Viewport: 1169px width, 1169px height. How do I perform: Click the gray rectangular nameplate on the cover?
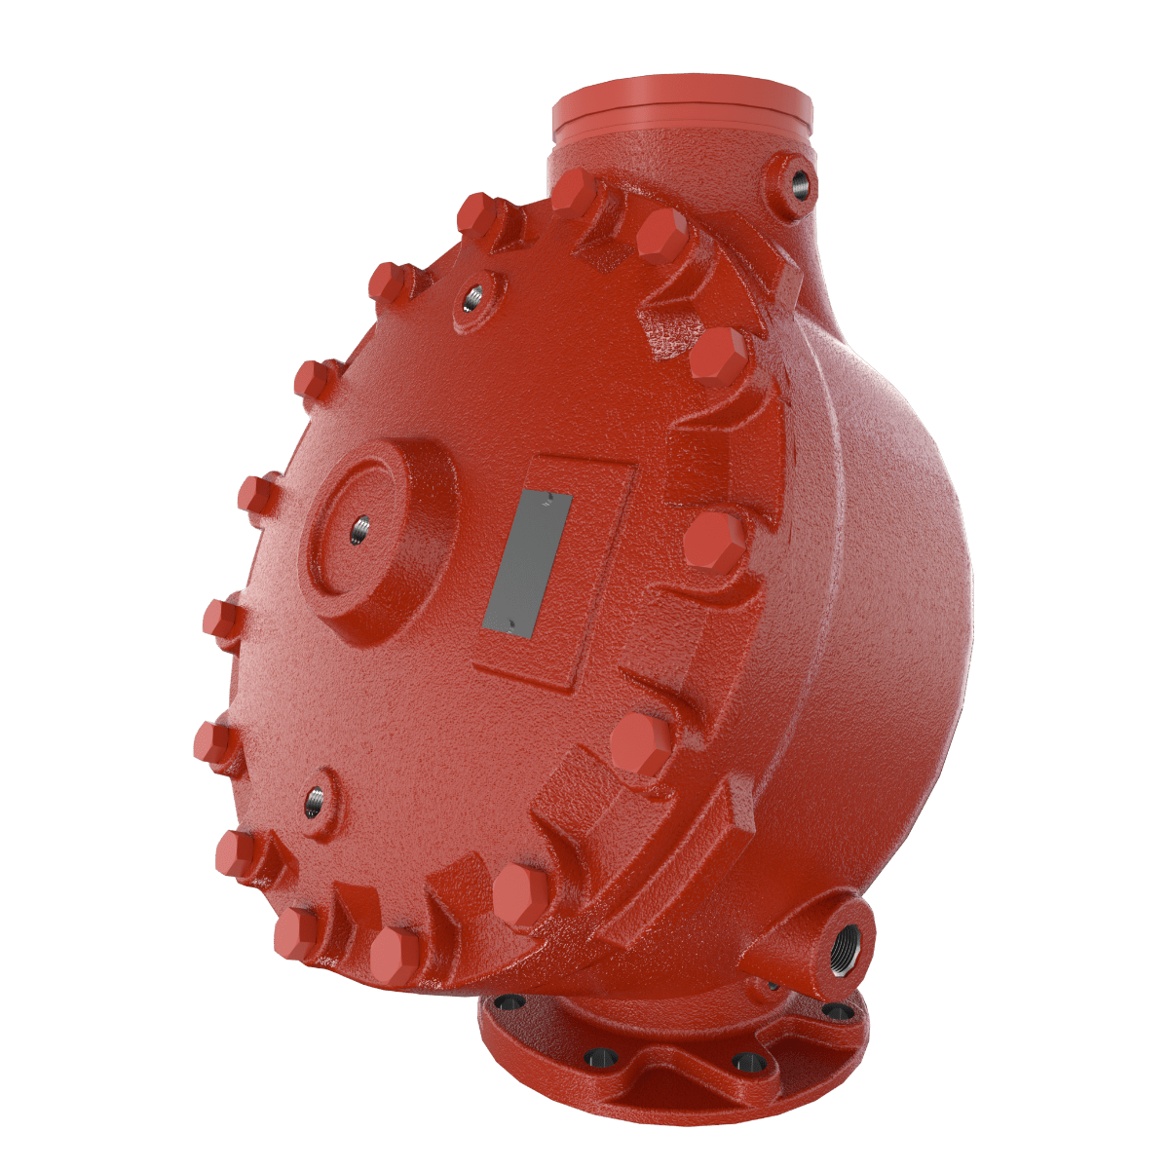(531, 562)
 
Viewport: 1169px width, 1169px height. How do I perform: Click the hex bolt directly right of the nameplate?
(713, 542)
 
